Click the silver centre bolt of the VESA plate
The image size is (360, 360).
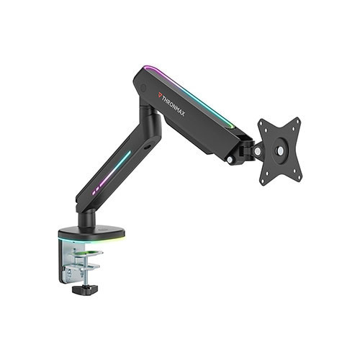280,150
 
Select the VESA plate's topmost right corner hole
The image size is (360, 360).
298,122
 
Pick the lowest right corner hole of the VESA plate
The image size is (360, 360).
299,179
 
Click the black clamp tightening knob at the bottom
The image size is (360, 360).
85,289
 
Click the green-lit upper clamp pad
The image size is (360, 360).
88,253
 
